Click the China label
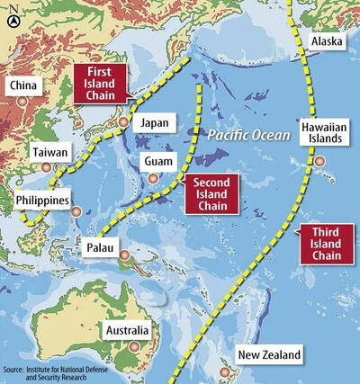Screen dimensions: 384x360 (x=24, y=85)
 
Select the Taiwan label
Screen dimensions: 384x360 (x=49, y=153)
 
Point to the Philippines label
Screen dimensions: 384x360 (x=44, y=199)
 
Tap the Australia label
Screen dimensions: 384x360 (x=135, y=328)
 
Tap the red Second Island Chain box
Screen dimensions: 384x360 (x=208, y=195)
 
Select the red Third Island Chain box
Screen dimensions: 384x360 (x=324, y=245)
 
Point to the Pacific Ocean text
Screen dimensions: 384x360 (x=237, y=136)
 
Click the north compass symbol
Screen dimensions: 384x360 (x=10, y=13)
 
